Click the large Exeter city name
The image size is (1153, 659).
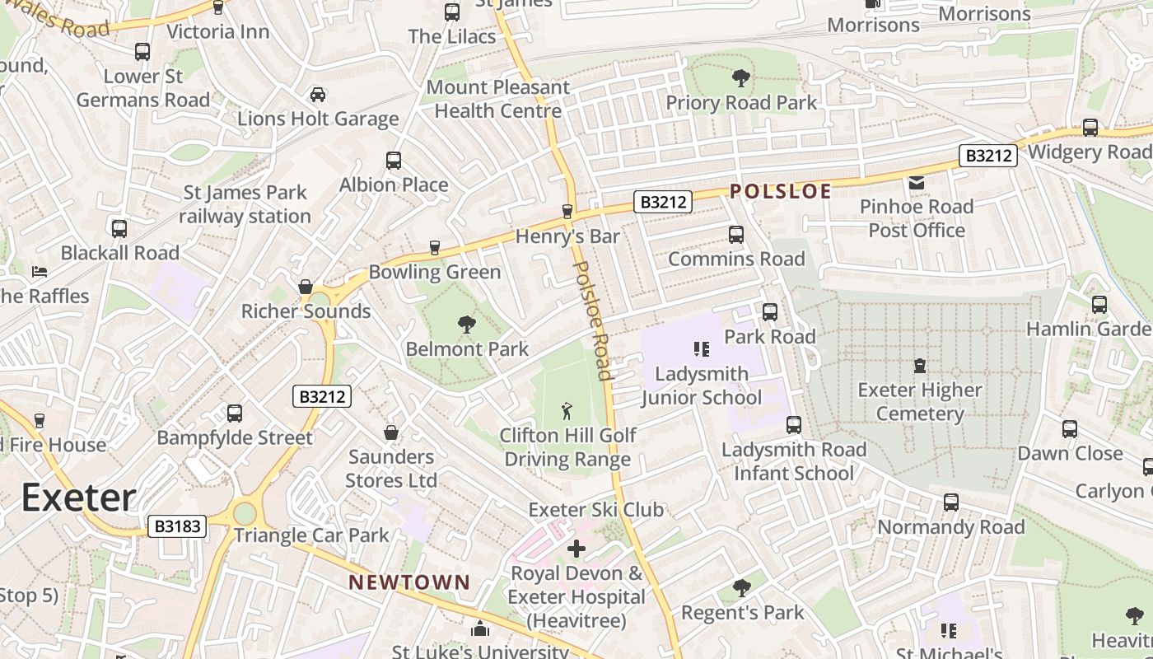pos(78,498)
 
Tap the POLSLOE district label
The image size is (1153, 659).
pos(781,191)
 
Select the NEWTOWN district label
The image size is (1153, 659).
pos(409,582)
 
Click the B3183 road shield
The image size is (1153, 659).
pos(177,526)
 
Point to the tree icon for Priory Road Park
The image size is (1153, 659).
pos(741,79)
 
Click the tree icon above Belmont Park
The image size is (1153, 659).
pos(467,325)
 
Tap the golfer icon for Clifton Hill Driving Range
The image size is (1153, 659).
pos(567,410)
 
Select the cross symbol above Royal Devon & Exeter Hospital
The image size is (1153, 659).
pos(576,548)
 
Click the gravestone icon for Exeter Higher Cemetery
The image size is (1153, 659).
pos(920,366)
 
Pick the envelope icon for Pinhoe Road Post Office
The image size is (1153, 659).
pos(916,182)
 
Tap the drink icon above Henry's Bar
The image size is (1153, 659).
pos(567,212)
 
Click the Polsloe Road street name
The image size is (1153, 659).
pos(594,320)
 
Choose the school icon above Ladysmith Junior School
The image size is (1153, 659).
pos(701,349)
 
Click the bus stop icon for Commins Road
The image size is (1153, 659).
pos(736,235)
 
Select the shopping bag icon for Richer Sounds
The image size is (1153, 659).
pos(306,287)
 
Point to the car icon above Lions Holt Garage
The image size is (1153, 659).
pos(317,95)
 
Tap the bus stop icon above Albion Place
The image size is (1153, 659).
pos(394,161)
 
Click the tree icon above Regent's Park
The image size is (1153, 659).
pos(742,588)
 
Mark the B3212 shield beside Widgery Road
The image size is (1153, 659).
pos(987,156)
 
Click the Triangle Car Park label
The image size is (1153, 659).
pos(311,535)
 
